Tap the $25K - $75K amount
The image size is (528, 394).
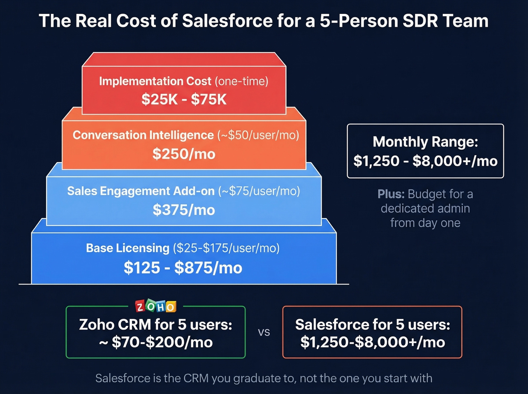click(x=184, y=100)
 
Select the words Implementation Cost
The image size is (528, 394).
click(x=155, y=81)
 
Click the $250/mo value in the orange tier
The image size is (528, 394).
click(x=184, y=154)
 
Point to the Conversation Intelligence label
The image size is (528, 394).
click(x=143, y=135)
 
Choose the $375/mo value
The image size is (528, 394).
click(x=184, y=210)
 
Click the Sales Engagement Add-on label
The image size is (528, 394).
click(x=141, y=191)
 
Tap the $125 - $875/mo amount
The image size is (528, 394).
click(x=183, y=268)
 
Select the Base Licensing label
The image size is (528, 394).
click(x=127, y=248)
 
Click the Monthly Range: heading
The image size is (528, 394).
click(x=425, y=142)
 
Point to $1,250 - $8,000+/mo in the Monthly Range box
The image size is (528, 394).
click(x=425, y=161)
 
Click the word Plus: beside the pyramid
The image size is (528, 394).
click(x=391, y=194)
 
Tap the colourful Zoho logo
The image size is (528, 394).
click(x=156, y=307)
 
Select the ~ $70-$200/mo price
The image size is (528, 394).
click(x=156, y=342)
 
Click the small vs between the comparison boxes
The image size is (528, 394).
click(x=264, y=332)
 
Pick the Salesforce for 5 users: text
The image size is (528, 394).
click(x=373, y=325)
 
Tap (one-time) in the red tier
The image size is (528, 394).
click(x=241, y=81)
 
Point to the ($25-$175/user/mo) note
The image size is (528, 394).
click(x=226, y=248)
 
